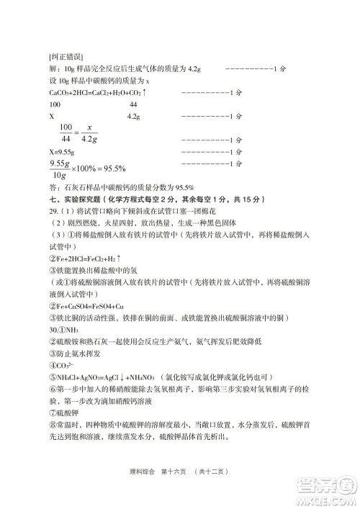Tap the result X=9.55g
(x=62, y=153)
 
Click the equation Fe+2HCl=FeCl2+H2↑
(x=85, y=259)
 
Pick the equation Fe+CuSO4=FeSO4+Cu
(x=86, y=306)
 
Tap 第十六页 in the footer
(x=171, y=472)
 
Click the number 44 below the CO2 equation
(x=133, y=104)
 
